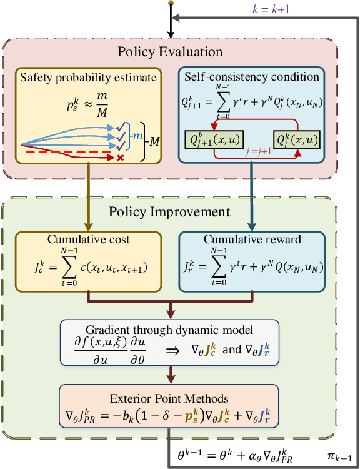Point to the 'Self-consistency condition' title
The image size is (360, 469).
click(x=252, y=78)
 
